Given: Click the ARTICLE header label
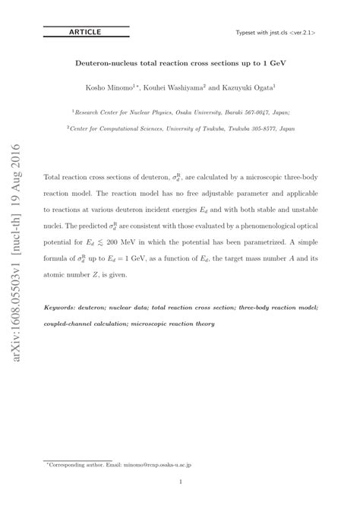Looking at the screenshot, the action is [84, 32].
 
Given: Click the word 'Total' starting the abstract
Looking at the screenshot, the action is [57, 174].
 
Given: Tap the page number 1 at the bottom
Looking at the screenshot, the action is [180, 482].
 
